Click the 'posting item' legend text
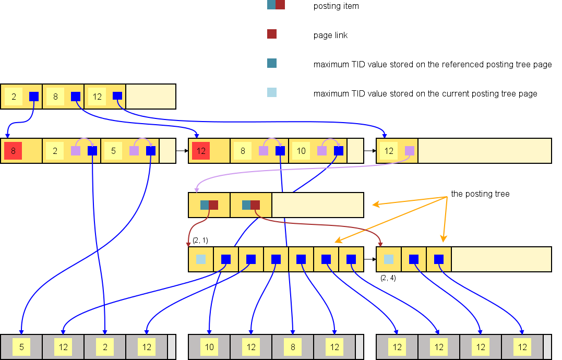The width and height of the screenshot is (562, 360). point(336,6)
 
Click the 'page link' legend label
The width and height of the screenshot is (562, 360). point(330,35)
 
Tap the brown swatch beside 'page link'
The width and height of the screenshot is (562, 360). point(272,34)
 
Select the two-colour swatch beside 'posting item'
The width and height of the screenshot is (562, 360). point(276,5)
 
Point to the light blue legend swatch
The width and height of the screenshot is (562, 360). point(272,92)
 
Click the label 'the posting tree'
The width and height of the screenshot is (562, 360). point(480,194)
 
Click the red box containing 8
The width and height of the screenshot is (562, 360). point(13,151)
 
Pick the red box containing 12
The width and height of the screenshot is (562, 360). point(201,151)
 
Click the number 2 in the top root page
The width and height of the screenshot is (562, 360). point(14,97)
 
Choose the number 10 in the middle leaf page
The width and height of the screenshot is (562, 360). point(301,151)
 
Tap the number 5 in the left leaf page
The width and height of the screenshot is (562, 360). point(113,151)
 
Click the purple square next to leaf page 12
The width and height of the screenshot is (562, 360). point(410,151)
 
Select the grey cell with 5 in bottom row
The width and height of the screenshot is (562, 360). point(21,347)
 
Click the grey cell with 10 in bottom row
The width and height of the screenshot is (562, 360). point(209,347)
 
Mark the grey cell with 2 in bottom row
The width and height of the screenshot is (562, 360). point(105,347)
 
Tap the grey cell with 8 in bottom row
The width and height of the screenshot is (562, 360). point(293,347)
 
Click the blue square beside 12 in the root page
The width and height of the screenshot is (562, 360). point(117,96)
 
